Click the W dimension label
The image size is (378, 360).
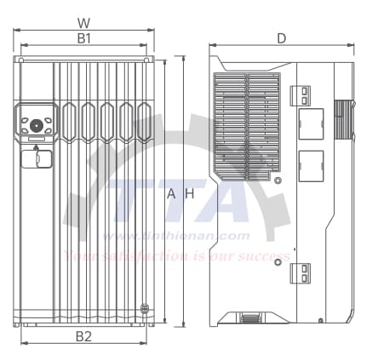83,23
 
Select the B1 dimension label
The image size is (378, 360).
83,38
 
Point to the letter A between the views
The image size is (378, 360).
170,194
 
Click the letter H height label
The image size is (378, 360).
191,194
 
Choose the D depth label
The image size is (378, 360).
282,38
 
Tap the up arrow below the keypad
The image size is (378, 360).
36,148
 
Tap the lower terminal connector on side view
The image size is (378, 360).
302,272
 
